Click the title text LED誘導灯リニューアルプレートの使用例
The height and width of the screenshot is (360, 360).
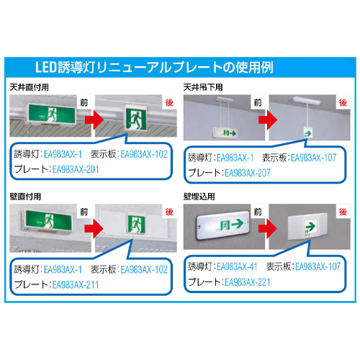point(154,67)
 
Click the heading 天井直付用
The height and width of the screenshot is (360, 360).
point(29,87)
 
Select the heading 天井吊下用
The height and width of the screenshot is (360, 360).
point(203,87)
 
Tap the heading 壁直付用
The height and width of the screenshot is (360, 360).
point(25,197)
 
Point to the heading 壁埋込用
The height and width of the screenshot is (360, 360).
point(199,197)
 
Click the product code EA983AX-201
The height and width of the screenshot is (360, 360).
point(76,169)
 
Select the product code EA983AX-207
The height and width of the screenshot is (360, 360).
point(248,173)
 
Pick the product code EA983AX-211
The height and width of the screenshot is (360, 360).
point(76,285)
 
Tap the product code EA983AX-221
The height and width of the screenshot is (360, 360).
point(248,282)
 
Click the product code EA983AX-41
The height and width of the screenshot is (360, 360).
point(237,266)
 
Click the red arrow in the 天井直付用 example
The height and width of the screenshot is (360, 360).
point(94,120)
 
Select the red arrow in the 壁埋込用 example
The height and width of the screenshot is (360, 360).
point(268,228)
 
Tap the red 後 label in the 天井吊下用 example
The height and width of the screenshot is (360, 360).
point(343,102)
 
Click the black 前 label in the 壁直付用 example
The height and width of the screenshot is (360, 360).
point(84,212)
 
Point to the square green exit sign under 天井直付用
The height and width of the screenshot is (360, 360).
point(136,118)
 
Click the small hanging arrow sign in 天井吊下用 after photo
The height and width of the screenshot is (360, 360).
point(307,132)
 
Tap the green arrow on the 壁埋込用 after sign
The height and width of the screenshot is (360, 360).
point(310,226)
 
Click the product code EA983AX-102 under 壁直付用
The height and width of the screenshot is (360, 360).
point(144,269)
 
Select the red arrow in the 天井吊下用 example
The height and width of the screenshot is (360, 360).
point(268,120)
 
